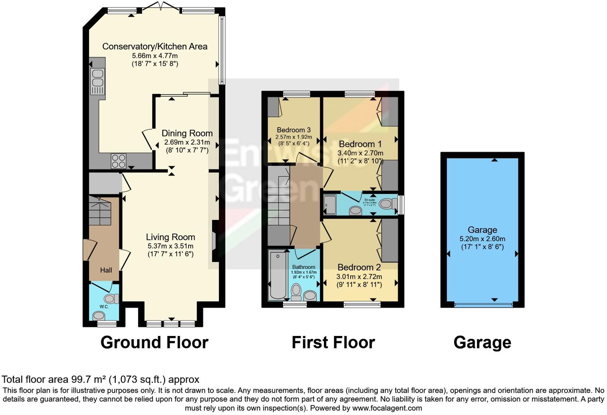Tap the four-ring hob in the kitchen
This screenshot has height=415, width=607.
point(119,161)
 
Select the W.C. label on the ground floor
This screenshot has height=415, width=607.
point(104,306)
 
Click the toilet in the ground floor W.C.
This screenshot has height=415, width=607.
point(111,298)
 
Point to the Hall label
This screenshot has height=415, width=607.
point(106,270)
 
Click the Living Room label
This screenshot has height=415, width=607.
point(171,237)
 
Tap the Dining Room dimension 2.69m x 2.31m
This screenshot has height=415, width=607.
point(187,142)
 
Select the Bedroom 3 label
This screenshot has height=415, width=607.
point(294,130)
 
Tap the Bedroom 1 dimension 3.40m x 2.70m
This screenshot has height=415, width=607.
point(360,153)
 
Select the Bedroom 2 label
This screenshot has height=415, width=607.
point(359,267)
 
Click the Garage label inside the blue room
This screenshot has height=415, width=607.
point(482,230)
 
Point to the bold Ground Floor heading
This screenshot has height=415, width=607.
point(154,342)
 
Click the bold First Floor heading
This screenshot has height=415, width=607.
point(333,342)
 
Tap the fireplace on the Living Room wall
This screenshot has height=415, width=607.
point(214,241)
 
